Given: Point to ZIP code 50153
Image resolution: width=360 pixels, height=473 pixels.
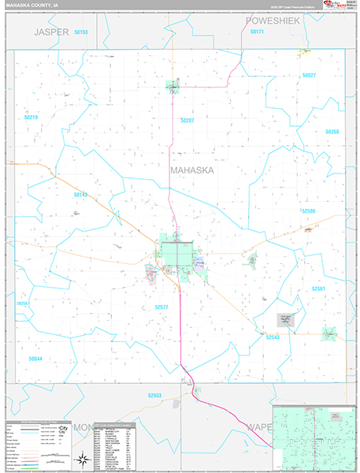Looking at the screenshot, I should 80,32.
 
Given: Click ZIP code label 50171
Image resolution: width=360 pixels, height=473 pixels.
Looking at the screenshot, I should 257,32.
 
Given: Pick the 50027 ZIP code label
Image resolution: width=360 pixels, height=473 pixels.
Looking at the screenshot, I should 308,75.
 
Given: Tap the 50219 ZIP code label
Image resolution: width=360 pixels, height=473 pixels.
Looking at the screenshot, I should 31,117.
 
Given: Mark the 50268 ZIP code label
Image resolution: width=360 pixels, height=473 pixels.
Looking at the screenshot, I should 332,132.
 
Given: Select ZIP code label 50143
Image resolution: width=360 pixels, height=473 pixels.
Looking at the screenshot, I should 80,194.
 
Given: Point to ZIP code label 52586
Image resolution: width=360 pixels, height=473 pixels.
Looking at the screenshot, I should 307,211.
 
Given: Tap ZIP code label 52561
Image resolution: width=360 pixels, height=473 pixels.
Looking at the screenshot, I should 317,289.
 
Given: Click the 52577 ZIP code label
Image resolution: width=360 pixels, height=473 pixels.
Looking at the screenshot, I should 161,307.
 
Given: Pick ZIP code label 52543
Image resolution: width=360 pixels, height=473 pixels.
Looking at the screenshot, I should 273,337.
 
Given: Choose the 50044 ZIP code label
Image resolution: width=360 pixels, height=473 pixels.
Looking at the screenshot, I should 35,359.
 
